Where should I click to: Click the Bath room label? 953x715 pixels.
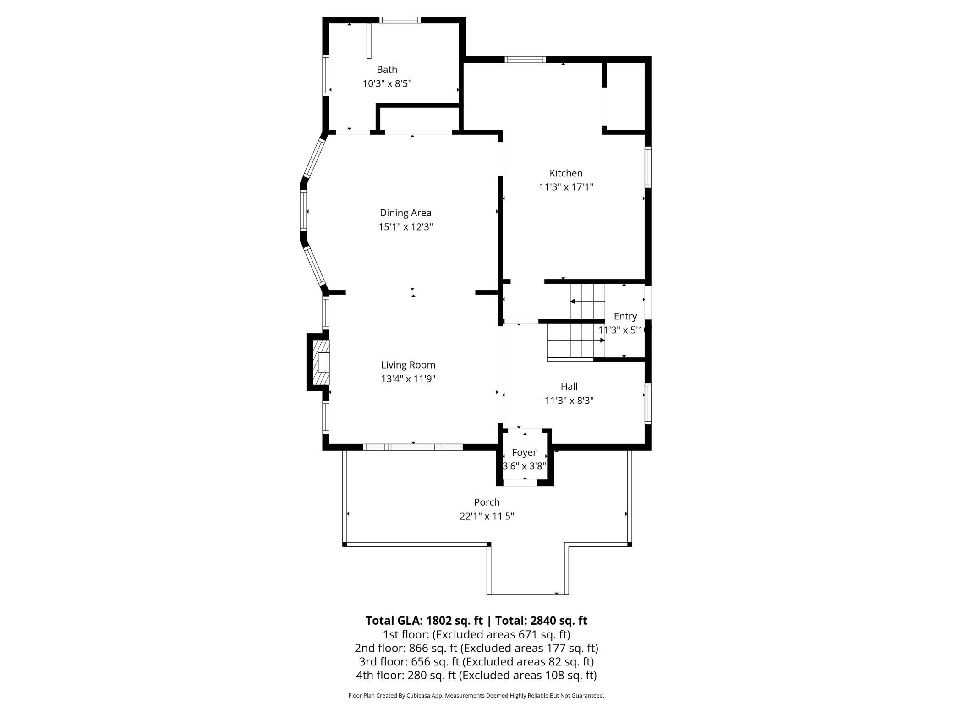coord(387,70)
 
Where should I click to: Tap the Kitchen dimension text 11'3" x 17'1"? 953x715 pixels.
coord(566,187)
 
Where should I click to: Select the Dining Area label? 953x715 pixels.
coord(405,213)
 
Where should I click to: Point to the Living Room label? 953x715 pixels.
coord(408,365)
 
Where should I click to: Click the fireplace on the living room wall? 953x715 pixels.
coord(318,362)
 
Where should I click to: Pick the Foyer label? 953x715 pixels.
coord(524,452)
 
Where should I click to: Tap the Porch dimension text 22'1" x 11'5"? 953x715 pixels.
coord(487,516)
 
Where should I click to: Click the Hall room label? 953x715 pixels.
coord(569,386)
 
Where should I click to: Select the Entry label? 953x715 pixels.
coord(625,316)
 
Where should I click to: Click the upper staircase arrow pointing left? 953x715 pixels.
coord(587,301)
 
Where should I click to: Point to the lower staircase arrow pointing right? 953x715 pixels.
coord(576,341)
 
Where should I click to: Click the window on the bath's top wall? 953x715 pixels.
coord(400,20)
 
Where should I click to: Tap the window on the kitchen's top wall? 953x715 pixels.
coord(525,59)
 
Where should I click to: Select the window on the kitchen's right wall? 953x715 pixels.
coord(648,166)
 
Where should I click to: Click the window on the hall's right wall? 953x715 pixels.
coord(648,403)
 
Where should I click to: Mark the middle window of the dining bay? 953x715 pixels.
coord(303,211)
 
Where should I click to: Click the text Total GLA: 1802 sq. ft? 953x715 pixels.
coord(424,621)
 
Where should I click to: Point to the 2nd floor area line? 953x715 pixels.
coord(476,648)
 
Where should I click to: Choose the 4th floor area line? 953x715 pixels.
coord(476,675)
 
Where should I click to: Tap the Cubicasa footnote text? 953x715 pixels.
coord(476,696)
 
